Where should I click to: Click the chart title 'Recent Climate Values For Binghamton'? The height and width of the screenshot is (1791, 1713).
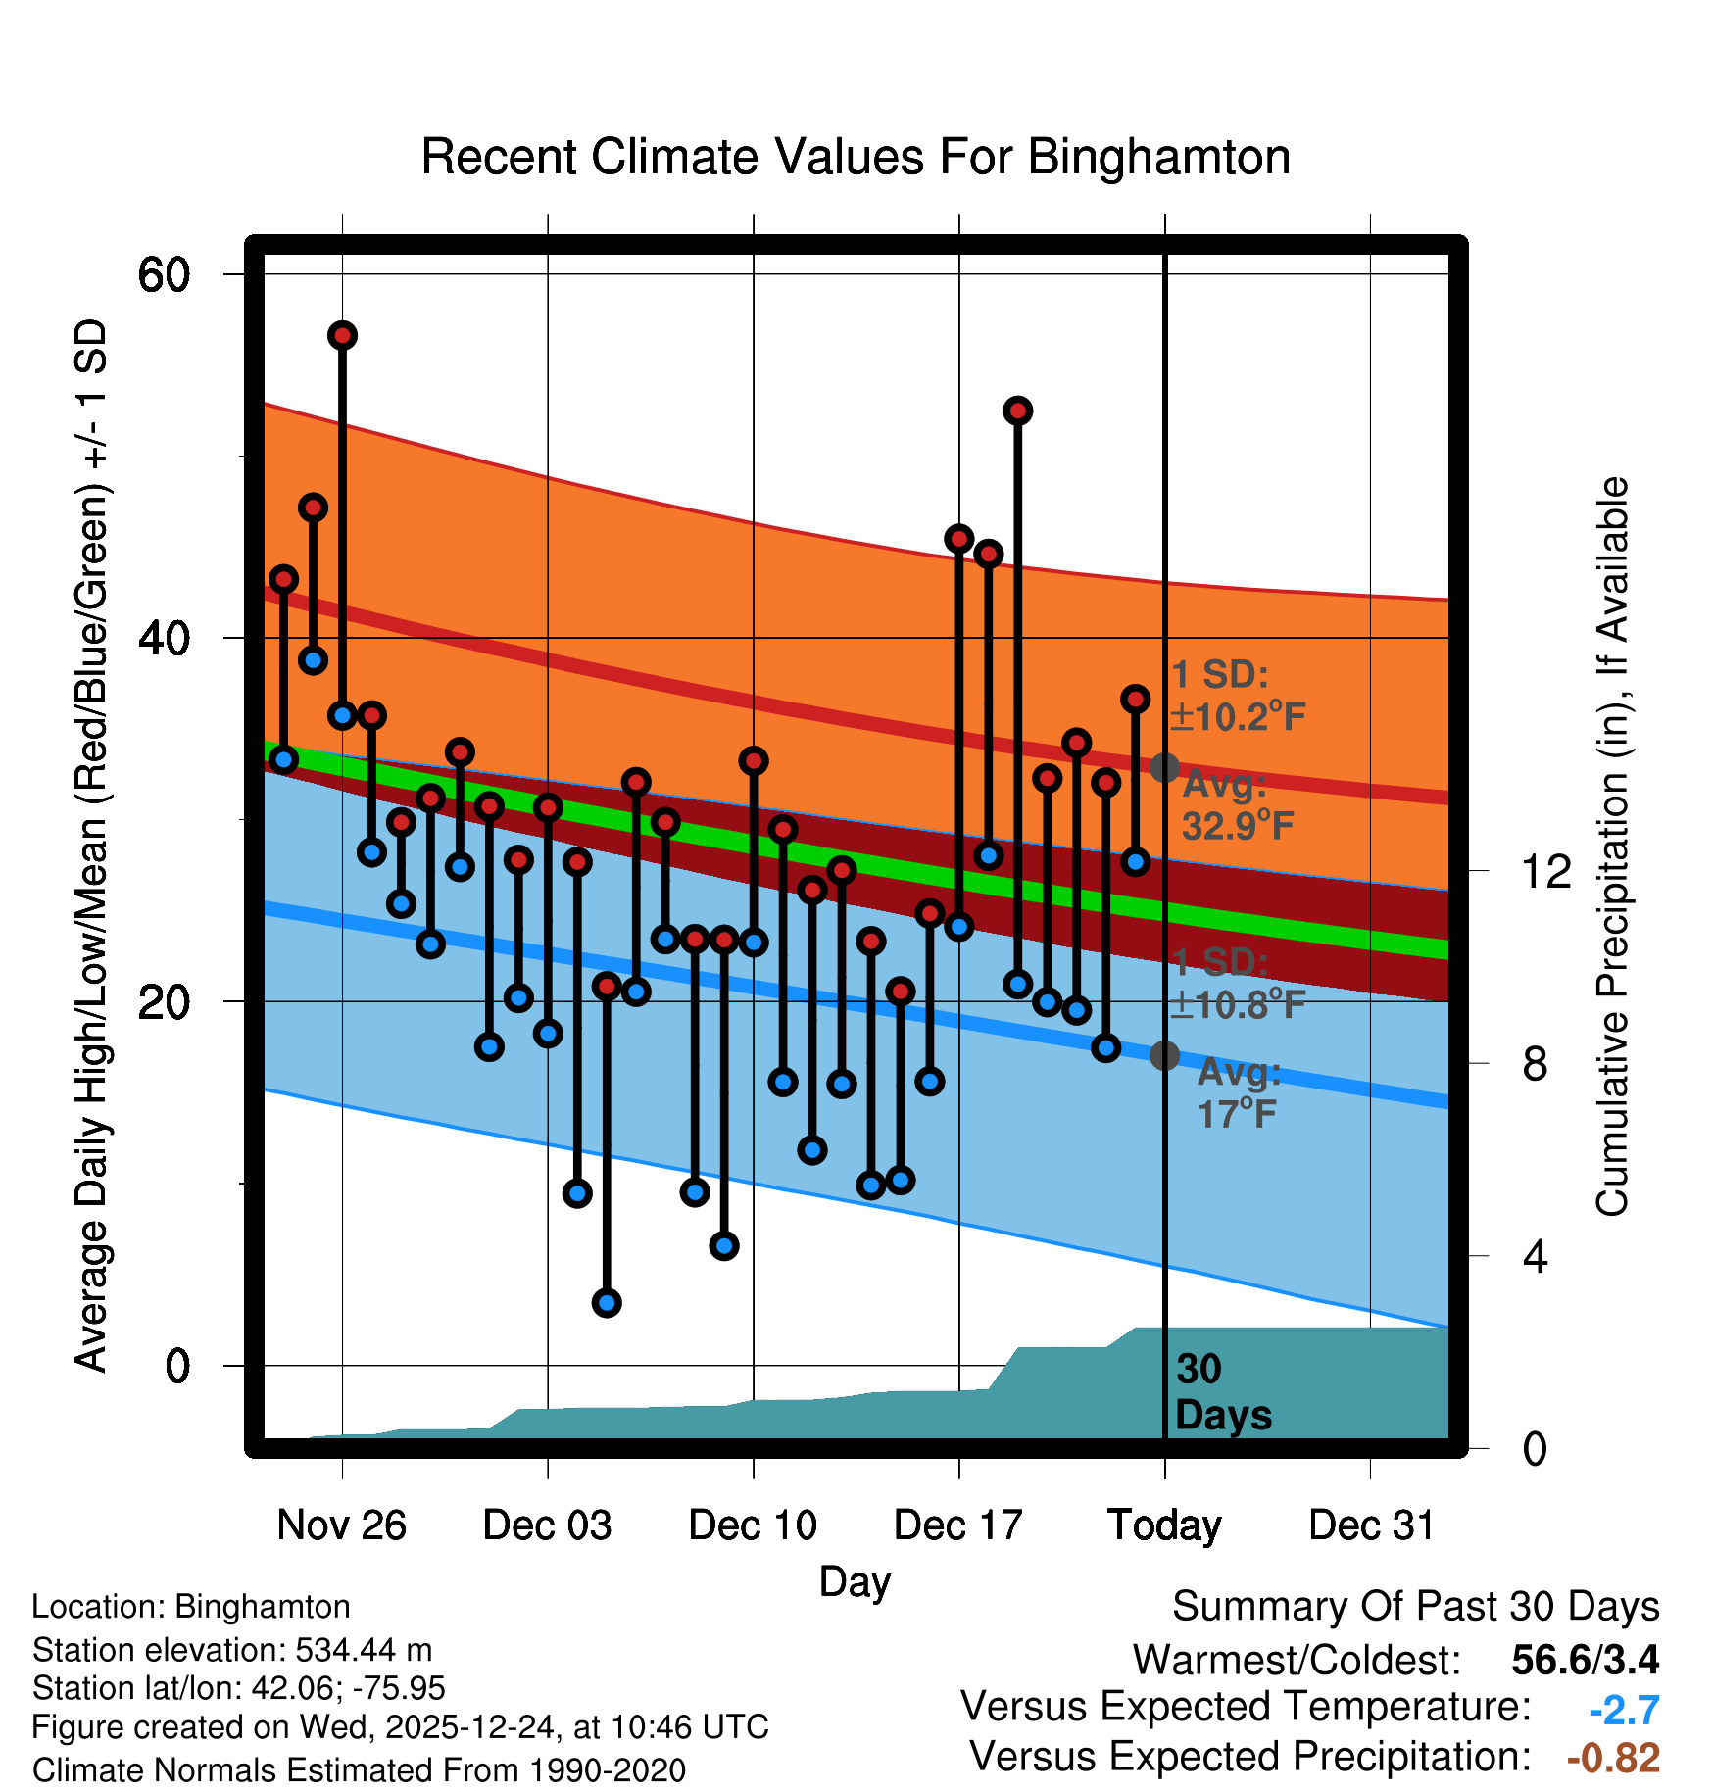tap(856, 157)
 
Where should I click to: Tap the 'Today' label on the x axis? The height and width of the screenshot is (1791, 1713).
tap(1164, 1525)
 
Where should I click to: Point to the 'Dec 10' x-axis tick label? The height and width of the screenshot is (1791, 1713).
tap(753, 1525)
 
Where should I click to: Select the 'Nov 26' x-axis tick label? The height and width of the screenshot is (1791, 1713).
tap(341, 1525)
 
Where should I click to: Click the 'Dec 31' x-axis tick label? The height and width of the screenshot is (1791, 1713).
tap(1371, 1525)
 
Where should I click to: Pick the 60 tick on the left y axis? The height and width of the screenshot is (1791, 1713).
tap(164, 274)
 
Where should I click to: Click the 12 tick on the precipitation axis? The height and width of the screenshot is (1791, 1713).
tap(1545, 871)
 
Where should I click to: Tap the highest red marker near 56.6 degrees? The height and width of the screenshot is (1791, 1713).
tap(342, 336)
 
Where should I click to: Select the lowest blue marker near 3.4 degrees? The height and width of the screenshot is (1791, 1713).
tap(607, 1303)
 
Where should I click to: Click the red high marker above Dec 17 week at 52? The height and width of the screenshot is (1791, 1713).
tap(1018, 411)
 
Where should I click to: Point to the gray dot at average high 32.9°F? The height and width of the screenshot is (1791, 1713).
tap(1164, 767)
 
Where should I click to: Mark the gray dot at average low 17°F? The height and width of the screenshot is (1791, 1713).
tap(1164, 1055)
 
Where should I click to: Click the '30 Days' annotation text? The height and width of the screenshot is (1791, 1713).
tap(1222, 1392)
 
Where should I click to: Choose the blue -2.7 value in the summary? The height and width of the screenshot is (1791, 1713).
tap(1624, 1710)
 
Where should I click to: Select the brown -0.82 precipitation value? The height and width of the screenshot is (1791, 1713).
tap(1613, 1758)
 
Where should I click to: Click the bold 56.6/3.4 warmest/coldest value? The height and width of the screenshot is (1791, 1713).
tap(1585, 1660)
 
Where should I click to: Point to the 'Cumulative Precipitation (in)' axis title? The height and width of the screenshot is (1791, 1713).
tap(1612, 847)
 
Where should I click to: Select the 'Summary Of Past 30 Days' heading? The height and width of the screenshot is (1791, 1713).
tap(1415, 1607)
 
